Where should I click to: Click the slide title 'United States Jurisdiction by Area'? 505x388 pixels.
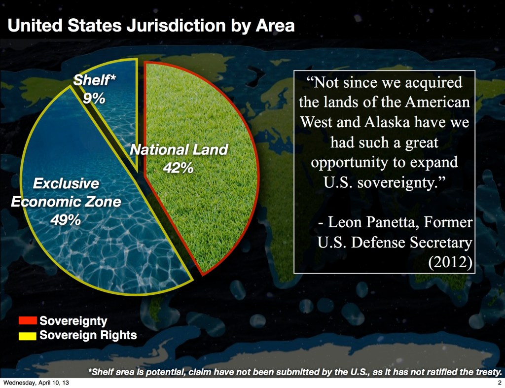151,26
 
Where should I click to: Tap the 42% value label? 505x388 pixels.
178,168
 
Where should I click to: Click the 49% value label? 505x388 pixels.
66,220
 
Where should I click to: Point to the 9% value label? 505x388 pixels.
94,99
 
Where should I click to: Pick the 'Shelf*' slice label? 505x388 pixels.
94,80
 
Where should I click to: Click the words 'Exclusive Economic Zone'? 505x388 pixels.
66,193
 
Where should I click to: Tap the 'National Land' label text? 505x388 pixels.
179,150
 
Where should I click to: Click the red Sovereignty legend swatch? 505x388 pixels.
28,320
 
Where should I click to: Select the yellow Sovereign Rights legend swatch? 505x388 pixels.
28,336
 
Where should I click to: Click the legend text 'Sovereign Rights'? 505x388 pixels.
88,335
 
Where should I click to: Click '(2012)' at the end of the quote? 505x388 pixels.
450,262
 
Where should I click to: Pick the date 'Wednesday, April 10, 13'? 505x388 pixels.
36,383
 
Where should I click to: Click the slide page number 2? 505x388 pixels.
500,383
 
